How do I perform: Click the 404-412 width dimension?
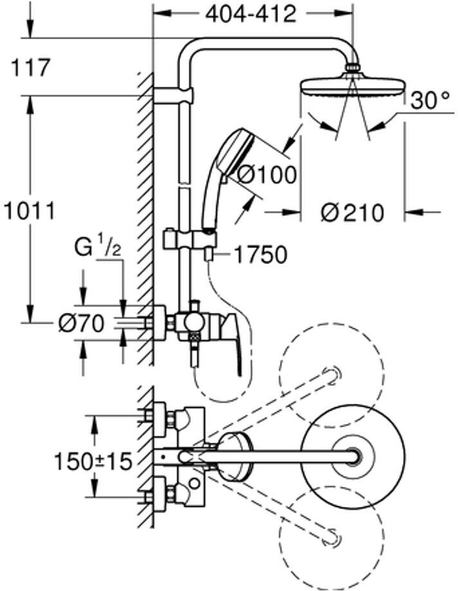click(250, 14)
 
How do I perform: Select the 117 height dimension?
click(30, 68)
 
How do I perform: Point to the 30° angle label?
click(430, 100)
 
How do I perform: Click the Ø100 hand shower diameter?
click(267, 175)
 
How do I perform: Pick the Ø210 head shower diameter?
click(353, 213)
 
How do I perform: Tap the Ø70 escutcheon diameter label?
click(81, 323)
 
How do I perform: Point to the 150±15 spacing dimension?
click(93, 461)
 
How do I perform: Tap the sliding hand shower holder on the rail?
click(190, 240)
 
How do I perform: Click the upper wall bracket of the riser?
click(173, 95)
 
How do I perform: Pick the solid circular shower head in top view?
click(353, 456)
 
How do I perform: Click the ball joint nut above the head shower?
click(353, 69)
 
